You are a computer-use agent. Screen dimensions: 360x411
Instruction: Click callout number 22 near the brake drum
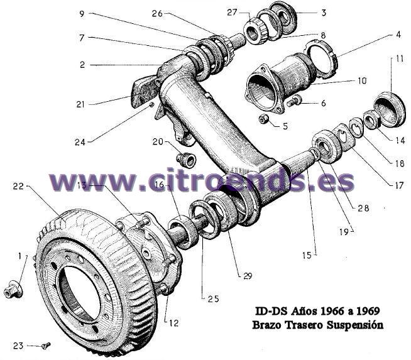tap(18, 186)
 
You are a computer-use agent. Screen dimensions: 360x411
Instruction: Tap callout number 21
tap(80, 104)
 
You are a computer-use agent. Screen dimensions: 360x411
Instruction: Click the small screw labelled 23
tap(45, 344)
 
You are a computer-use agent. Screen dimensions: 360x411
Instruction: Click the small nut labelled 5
tap(265, 119)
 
